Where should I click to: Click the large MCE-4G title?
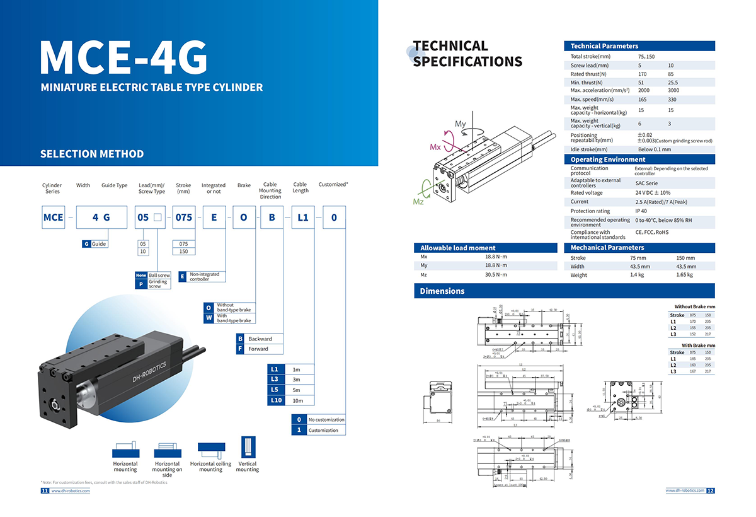[123, 57]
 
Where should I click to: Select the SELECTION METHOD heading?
[92, 154]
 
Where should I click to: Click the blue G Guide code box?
[86, 244]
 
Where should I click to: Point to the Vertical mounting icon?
[248, 447]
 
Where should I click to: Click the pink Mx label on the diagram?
[435, 147]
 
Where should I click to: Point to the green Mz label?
[418, 202]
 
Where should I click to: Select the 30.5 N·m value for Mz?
[496, 275]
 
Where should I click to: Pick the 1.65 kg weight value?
[684, 275]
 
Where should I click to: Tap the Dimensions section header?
[442, 291]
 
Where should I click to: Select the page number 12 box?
[710, 491]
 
